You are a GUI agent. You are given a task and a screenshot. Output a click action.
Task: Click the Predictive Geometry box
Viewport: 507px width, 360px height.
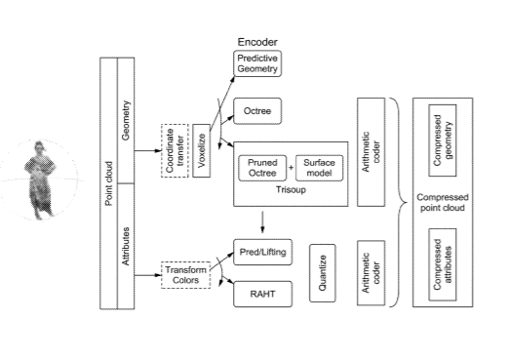click(x=257, y=63)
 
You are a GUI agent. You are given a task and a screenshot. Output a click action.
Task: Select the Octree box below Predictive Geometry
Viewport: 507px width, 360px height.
click(x=257, y=111)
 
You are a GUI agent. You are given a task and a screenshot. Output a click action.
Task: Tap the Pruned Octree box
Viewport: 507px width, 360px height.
click(x=262, y=168)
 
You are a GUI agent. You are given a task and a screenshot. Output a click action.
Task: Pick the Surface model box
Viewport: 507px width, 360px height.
click(x=319, y=168)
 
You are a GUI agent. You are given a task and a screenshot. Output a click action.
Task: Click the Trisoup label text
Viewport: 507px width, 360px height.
click(x=291, y=189)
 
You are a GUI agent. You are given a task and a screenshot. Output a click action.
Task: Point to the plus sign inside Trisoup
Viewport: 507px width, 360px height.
click(x=291, y=168)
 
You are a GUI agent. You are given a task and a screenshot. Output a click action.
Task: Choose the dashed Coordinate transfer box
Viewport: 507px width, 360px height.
click(x=175, y=150)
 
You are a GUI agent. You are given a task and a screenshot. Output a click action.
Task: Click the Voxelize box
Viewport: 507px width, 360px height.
click(x=202, y=150)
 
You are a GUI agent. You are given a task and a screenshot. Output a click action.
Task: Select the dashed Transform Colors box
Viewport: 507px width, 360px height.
click(x=186, y=275)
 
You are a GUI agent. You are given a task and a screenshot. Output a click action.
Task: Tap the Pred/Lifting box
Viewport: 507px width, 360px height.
click(x=262, y=252)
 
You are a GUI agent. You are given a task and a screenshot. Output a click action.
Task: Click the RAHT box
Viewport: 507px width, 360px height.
click(x=262, y=294)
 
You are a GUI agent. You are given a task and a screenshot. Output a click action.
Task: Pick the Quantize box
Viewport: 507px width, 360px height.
click(x=323, y=273)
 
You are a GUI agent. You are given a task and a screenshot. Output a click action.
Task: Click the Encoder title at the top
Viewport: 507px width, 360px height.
click(x=257, y=42)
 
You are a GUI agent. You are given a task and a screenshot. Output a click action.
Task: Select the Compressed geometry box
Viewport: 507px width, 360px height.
click(x=443, y=140)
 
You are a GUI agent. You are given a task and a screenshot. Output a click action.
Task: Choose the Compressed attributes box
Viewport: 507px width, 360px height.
click(x=443, y=264)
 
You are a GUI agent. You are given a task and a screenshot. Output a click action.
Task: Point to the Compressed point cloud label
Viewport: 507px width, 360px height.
click(x=443, y=202)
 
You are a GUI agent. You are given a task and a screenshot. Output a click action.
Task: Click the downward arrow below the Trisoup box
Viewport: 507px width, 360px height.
click(x=262, y=222)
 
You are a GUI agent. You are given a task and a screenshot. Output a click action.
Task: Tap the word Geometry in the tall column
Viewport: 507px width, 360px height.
click(x=126, y=120)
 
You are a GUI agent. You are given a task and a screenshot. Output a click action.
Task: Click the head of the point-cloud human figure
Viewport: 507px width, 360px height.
click(x=39, y=147)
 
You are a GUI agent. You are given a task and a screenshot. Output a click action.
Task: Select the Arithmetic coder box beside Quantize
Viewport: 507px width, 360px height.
click(x=371, y=273)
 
